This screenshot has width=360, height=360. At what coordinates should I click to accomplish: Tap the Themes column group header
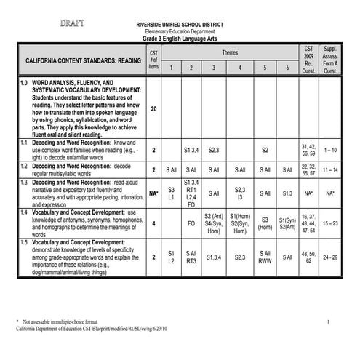pyautogui.click(x=229, y=53)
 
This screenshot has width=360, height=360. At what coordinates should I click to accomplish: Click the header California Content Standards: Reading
pyautogui.click(x=80, y=62)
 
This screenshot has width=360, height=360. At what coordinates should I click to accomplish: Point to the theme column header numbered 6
pyautogui.click(x=287, y=68)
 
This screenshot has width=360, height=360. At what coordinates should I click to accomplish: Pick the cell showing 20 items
pyautogui.click(x=153, y=108)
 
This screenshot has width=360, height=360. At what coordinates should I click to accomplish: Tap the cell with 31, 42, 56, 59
pyautogui.click(x=308, y=150)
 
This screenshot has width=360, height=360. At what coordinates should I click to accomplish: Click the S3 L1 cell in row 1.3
pyautogui.click(x=171, y=193)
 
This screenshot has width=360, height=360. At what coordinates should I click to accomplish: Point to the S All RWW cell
pyautogui.click(x=265, y=257)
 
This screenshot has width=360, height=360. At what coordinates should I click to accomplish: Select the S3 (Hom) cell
pyautogui.click(x=265, y=223)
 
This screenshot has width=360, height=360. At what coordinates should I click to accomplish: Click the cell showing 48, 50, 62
pyautogui.click(x=308, y=257)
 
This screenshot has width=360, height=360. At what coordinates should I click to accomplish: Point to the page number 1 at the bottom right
pyautogui.click(x=328, y=321)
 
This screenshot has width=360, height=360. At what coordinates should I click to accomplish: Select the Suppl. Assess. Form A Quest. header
pyautogui.click(x=330, y=58)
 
